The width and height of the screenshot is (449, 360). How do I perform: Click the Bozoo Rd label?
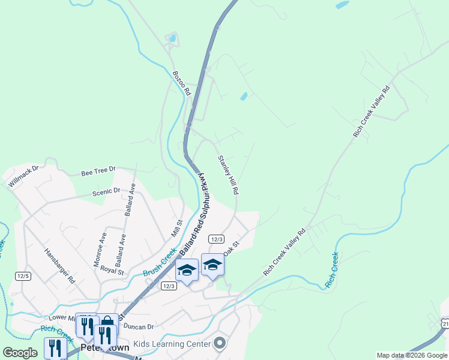pyautogui.click(x=181, y=83)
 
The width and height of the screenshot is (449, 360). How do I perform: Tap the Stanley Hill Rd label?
pyautogui.click(x=228, y=175)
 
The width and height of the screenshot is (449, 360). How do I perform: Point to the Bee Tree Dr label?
pyautogui.click(x=98, y=172)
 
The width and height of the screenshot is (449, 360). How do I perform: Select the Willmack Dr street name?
pyautogui.click(x=23, y=176)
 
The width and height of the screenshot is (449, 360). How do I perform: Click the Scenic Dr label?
pyautogui.click(x=106, y=192)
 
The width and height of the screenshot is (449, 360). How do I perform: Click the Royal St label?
pyautogui.click(x=112, y=270)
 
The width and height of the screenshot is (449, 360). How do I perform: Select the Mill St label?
pyautogui.click(x=176, y=227)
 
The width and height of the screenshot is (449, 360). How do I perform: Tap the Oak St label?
pyautogui.click(x=232, y=248)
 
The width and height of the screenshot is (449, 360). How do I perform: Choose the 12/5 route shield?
pyautogui.click(x=23, y=275)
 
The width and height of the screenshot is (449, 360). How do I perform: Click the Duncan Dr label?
pyautogui.click(x=139, y=326)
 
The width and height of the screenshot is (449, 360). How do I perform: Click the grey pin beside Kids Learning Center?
pyautogui.click(x=220, y=343)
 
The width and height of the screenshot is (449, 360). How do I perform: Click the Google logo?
pyautogui.click(x=20, y=353)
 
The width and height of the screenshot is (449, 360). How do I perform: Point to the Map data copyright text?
pyautogui.click(x=412, y=355)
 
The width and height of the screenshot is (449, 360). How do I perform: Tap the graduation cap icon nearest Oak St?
pyautogui.click(x=212, y=265)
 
